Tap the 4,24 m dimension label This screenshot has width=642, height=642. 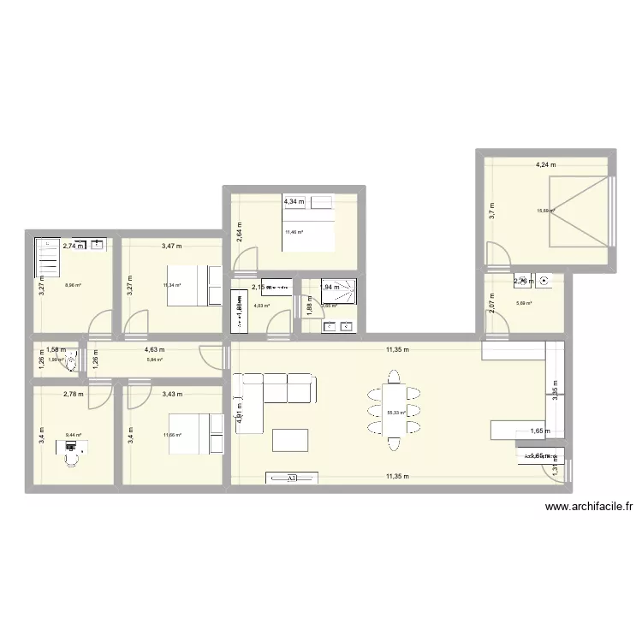point(545,164)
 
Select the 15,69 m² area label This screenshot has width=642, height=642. point(545,211)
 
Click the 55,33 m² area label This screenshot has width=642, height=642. point(396,412)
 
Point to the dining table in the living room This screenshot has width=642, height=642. point(394,410)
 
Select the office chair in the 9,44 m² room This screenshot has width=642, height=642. point(72,458)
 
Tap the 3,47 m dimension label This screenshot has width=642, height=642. point(171,247)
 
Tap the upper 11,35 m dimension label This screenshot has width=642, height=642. point(397,349)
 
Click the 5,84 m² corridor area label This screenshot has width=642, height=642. point(154,360)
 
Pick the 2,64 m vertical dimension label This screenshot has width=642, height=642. point(239,231)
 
